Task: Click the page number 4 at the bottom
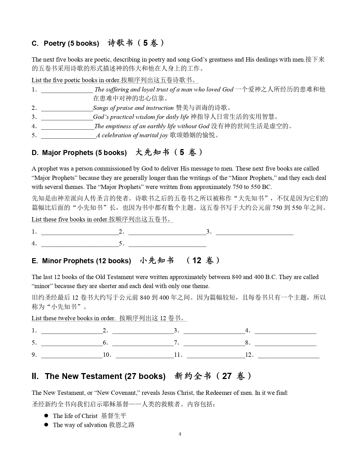point(180,434)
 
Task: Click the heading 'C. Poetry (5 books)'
point(65,43)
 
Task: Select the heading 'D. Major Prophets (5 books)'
point(79,153)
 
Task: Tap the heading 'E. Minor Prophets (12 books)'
point(81,261)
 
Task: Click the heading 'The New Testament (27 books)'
point(105,376)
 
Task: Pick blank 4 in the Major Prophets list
point(80,245)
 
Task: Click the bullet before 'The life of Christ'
point(46,416)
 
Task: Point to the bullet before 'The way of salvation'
point(46,425)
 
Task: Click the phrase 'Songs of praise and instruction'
point(133,108)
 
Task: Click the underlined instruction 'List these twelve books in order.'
point(73,318)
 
